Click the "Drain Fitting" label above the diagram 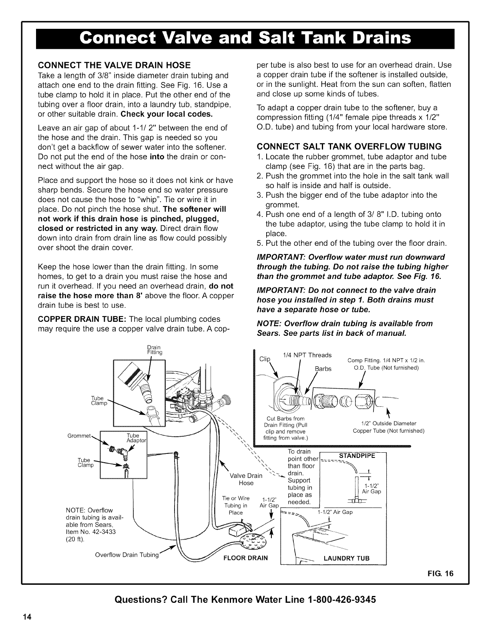tap(154, 350)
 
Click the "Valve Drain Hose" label tap(246, 480)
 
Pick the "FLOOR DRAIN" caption tap(245, 558)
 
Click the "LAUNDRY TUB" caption tap(346, 558)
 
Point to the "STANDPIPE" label tap(357, 455)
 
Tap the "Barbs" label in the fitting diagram tap(323, 369)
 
